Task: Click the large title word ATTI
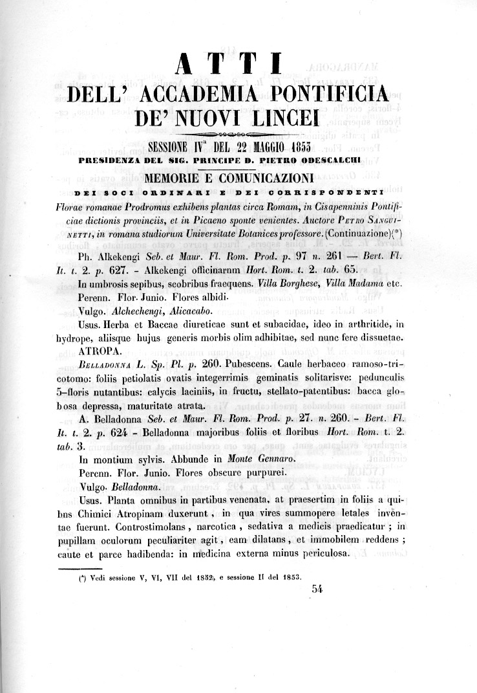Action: (228, 67)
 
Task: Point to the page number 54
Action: (316, 588)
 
